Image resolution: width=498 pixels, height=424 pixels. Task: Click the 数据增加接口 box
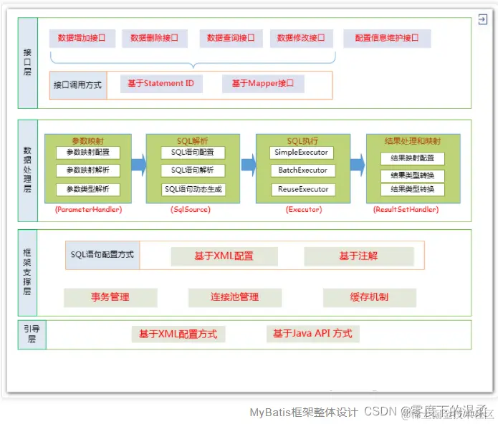(82, 38)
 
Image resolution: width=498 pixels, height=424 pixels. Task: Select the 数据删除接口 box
(154, 38)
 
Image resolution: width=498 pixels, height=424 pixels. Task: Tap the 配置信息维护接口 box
(387, 38)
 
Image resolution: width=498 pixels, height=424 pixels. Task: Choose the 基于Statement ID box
(161, 85)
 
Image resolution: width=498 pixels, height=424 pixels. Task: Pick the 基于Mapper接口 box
(263, 85)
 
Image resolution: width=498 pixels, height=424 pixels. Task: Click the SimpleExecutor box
(301, 153)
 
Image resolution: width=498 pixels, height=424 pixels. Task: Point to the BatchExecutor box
(301, 170)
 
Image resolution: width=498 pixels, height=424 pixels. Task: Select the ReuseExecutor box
(301, 189)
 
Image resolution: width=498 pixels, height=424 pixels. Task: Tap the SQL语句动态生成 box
(193, 189)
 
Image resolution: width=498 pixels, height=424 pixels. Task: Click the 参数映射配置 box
(88, 153)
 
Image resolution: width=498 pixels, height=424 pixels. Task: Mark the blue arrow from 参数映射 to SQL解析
(138, 165)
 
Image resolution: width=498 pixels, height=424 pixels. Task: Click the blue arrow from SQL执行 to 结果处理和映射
(357, 165)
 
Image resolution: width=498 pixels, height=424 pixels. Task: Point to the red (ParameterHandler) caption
(88, 210)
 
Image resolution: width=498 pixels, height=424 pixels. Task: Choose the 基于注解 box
(359, 256)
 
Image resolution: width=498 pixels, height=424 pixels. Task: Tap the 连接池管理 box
(234, 297)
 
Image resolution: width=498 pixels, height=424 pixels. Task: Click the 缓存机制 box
(369, 297)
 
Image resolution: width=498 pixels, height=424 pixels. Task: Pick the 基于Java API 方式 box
(312, 334)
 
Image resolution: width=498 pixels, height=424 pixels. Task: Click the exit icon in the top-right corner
(483, 21)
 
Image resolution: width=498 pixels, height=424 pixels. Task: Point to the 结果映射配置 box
(412, 158)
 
